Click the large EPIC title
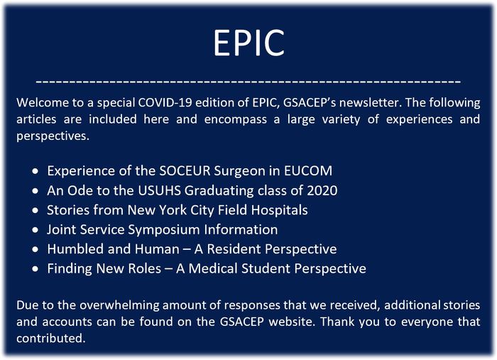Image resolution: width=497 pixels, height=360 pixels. (248, 43)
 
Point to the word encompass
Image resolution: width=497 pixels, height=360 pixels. (236, 120)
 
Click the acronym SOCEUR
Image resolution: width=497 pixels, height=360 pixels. (185, 171)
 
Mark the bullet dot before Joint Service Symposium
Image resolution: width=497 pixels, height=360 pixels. (35, 230)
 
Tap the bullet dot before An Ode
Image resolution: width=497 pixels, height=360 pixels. (35, 191)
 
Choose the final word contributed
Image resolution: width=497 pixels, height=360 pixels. (51, 338)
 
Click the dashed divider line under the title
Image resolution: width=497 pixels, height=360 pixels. (248, 82)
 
